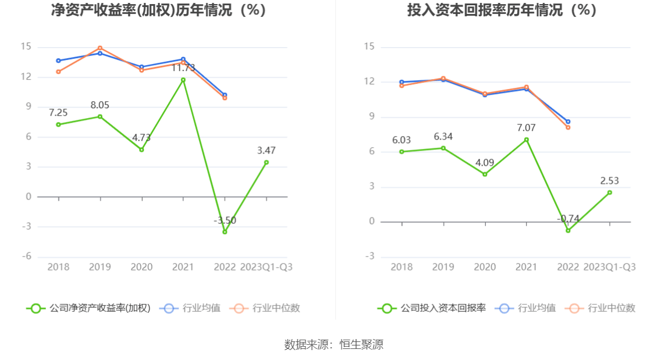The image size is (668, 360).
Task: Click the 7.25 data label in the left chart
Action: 58,113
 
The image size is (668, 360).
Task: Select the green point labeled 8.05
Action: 100,116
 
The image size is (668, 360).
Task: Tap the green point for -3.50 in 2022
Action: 225,231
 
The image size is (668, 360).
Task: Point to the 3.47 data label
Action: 267,151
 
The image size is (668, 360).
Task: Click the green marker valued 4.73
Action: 141,149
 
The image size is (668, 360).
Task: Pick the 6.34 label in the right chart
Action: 443,137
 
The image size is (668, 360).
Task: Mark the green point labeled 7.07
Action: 526,140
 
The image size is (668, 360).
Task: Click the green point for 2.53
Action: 609,193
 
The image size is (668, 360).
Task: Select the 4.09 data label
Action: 485,163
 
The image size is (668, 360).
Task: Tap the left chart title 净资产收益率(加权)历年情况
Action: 158,10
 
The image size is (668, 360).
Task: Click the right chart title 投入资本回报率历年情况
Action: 502,10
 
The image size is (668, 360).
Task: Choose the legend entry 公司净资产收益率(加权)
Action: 88,308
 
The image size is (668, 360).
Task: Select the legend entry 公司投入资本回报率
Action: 432,308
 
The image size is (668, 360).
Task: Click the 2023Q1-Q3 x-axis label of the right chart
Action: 609,267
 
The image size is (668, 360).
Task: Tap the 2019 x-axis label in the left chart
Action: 100,267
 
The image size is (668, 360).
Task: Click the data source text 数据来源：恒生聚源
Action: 334,344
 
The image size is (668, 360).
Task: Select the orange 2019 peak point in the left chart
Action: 100,48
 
